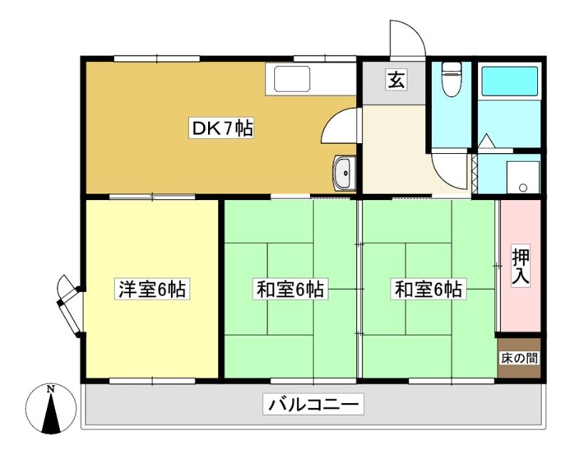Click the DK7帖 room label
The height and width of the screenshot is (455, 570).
point(221,128)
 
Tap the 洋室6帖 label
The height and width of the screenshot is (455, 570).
point(152,290)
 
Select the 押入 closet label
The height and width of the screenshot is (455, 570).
point(521,266)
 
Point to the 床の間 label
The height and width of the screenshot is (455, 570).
point(519,358)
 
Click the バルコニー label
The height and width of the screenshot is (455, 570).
point(313,404)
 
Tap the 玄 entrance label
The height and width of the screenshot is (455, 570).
point(396,80)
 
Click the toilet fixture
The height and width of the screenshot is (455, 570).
point(451,79)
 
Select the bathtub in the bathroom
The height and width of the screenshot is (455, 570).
point(509,81)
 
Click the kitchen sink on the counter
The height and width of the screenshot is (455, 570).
point(292,78)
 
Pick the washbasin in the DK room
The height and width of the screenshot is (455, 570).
point(343,173)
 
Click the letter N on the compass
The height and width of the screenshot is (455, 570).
point(51,389)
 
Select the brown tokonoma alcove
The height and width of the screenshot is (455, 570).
point(519,358)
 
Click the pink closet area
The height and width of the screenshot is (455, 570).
point(521,266)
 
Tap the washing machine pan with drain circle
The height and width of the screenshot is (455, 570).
point(523,177)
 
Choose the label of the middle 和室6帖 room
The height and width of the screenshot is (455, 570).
point(290,290)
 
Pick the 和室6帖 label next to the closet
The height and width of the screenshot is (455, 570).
point(428,290)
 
